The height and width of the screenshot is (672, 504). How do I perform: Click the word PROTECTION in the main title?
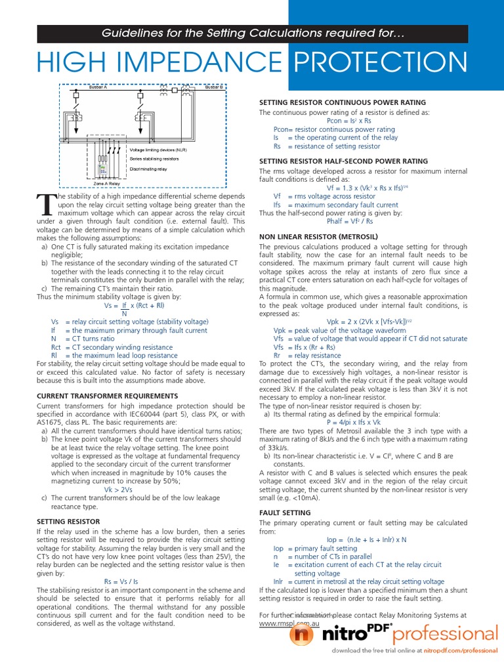380,63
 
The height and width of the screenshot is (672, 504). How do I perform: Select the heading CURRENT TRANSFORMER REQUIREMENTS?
107,396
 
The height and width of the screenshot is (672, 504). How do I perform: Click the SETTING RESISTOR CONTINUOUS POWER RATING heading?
343,102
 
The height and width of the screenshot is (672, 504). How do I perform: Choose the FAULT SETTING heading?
285,512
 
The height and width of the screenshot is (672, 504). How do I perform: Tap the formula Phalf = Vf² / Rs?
353,221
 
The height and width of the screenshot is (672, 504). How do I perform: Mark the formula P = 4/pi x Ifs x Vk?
353,423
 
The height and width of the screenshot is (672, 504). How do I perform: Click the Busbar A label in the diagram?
98,87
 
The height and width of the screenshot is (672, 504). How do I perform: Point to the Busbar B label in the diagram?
214,87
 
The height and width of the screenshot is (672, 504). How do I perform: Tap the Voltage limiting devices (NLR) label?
159,150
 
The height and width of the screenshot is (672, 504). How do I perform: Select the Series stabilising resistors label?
154,159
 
